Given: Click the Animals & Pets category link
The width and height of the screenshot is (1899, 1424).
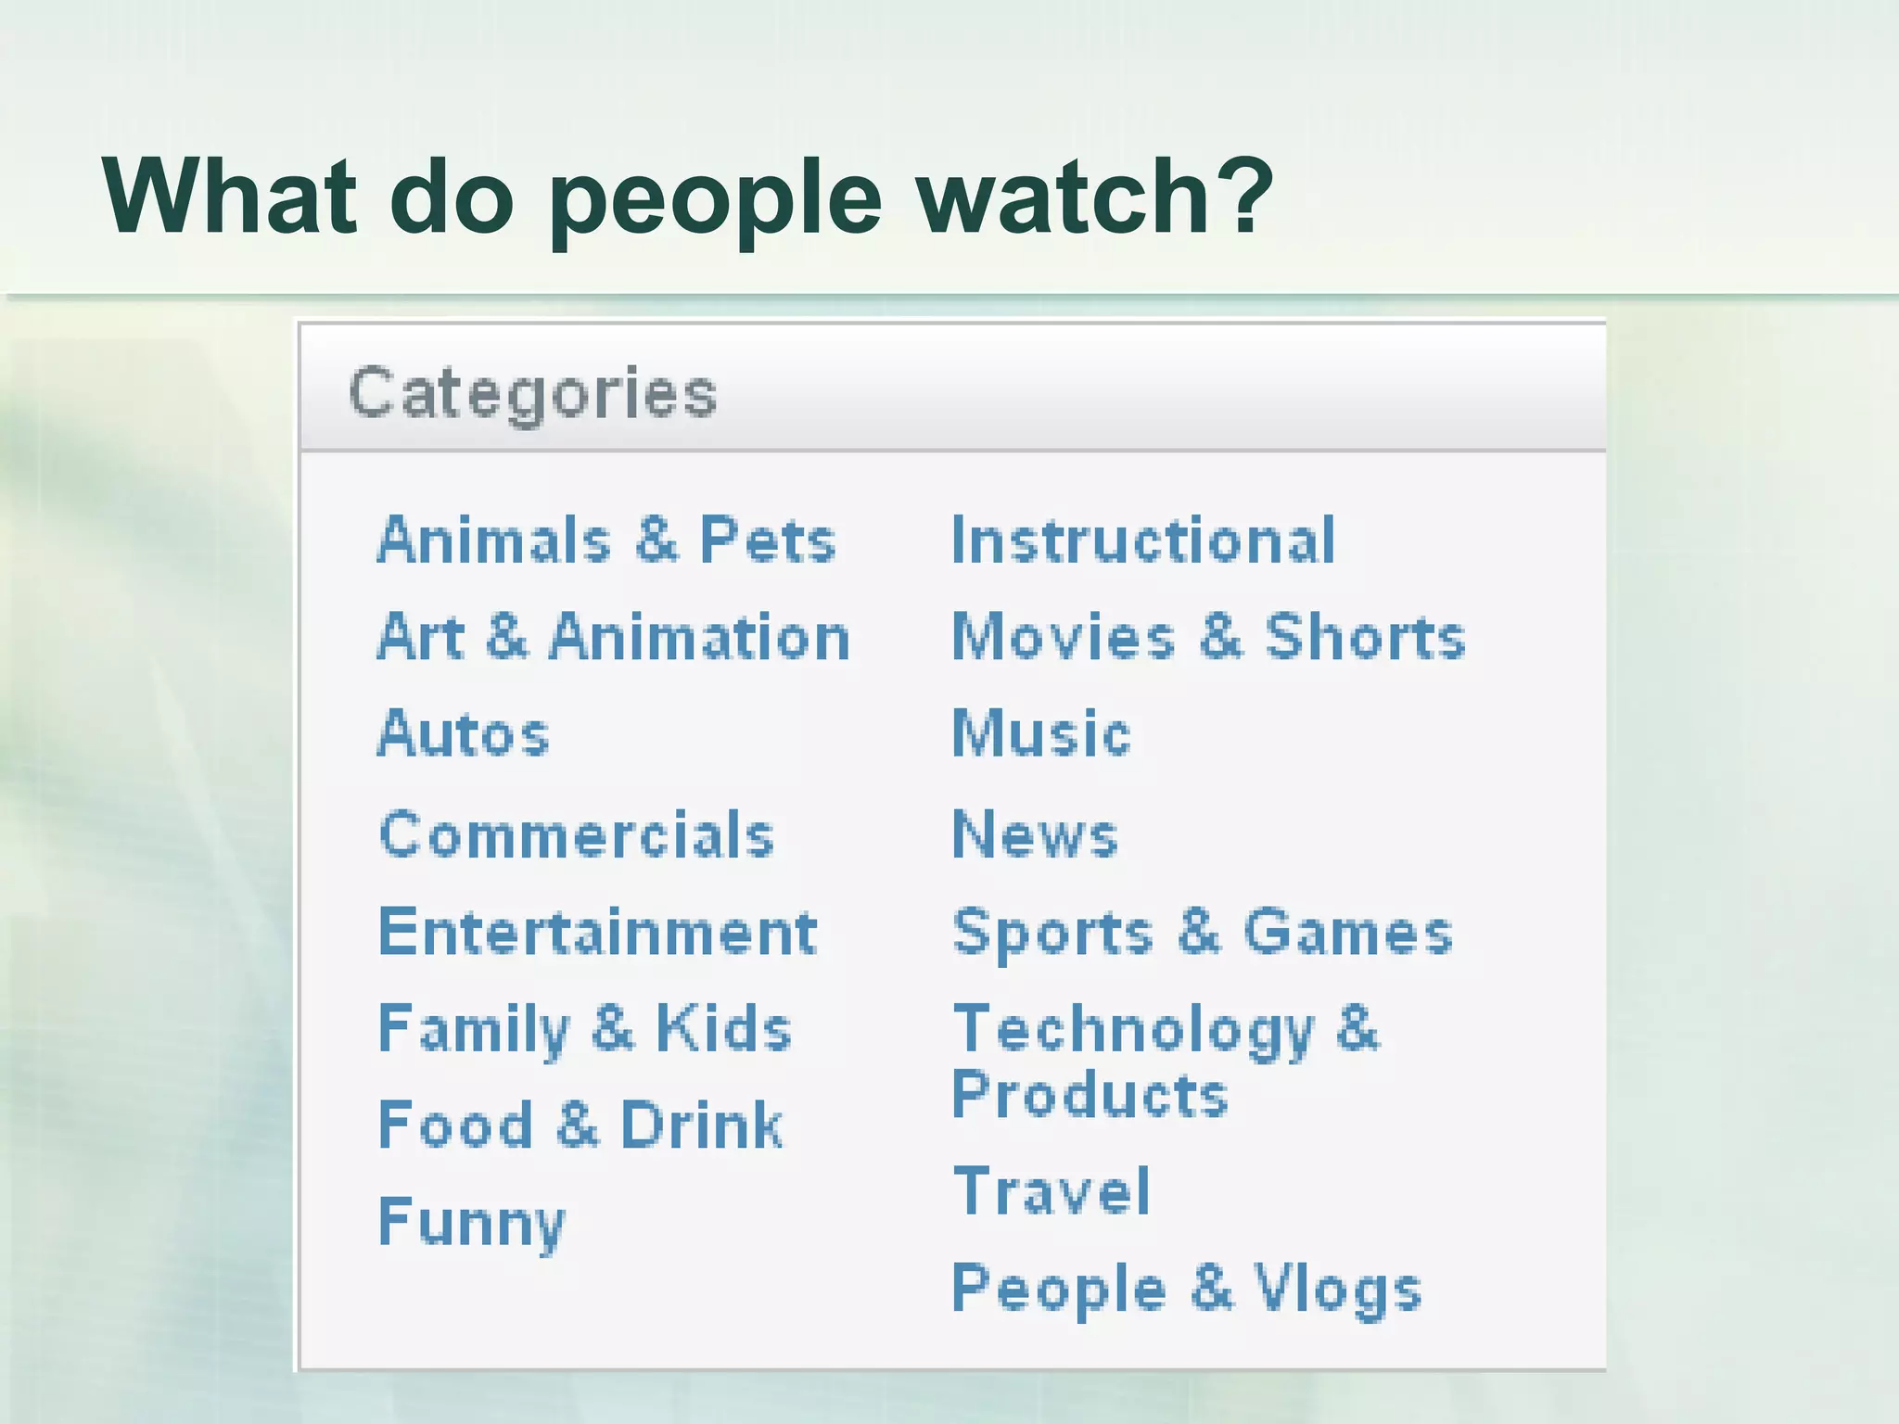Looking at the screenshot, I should click(x=606, y=540).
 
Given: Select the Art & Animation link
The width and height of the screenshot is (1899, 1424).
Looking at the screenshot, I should click(x=613, y=638).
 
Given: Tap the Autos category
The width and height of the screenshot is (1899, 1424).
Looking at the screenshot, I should click(x=464, y=734).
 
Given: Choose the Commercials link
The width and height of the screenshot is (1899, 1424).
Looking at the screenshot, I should click(x=577, y=835).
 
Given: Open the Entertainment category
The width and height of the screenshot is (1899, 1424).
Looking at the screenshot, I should click(x=598, y=932).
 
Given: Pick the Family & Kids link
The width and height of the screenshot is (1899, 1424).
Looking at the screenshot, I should click(x=585, y=1029).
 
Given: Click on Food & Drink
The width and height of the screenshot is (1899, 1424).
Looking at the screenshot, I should click(x=580, y=1125).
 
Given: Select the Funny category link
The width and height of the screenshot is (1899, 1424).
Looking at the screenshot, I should click(x=472, y=1222).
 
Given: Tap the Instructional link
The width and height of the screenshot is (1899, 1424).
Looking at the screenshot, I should click(x=1143, y=540).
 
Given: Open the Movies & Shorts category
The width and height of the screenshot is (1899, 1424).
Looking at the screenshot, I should click(x=1208, y=638).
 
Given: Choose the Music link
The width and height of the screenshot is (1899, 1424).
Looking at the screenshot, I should click(x=1041, y=734).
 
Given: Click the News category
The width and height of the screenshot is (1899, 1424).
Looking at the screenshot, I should click(x=1035, y=835).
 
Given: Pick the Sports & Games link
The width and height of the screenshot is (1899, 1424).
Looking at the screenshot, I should click(x=1202, y=932).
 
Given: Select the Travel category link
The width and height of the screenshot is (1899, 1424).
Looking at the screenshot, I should click(x=1051, y=1192).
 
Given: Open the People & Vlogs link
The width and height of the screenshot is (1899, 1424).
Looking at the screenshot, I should click(x=1187, y=1289).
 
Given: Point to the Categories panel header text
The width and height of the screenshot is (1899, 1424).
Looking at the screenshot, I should click(x=532, y=393).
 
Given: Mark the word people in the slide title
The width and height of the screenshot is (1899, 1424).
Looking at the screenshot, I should click(x=715, y=199).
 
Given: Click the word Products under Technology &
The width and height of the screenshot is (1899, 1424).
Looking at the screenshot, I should click(x=1090, y=1095).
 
